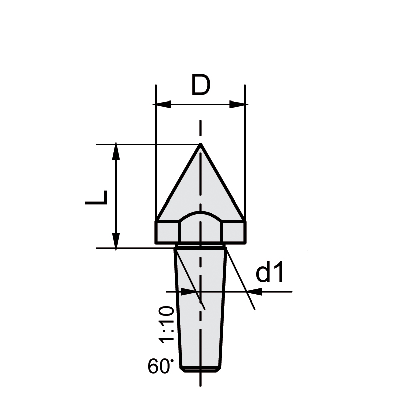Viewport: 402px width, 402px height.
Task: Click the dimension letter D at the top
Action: pyautogui.click(x=200, y=86)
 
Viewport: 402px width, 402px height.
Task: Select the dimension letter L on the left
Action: pyautogui.click(x=96, y=197)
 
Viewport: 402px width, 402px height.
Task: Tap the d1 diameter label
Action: pyautogui.click(x=270, y=273)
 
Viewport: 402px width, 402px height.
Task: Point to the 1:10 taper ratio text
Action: pyautogui.click(x=167, y=324)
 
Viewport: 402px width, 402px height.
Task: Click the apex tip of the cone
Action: pyautogui.click(x=200, y=145)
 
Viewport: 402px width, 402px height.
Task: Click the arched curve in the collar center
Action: pyautogui.click(x=200, y=214)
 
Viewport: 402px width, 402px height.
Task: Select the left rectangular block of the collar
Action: pyautogui.click(x=167, y=232)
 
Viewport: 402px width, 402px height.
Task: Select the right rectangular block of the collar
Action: pyautogui.click(x=234, y=232)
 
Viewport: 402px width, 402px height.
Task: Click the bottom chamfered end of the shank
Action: pyautogui.click(x=200, y=369)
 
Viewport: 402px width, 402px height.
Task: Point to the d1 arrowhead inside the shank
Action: pyautogui.click(x=191, y=291)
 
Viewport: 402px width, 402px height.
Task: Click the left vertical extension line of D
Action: pyautogui.click(x=156, y=151)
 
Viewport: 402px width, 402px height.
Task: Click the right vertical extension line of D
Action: pyautogui.click(x=245, y=151)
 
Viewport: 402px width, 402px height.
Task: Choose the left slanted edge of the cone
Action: pyautogui.click(x=178, y=183)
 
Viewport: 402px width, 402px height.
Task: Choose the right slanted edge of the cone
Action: pyautogui.click(x=223, y=183)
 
